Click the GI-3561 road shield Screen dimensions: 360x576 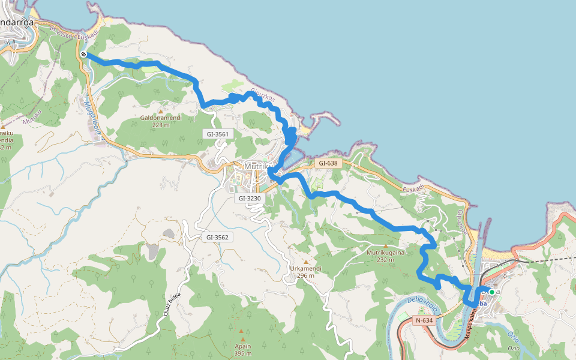pos(217,134)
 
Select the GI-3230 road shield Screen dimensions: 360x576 pos(248,198)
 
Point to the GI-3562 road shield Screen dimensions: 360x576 pos(217,237)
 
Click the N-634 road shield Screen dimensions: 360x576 pos(424,320)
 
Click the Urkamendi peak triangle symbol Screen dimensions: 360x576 pos(305,262)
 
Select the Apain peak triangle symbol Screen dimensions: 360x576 pos(241,331)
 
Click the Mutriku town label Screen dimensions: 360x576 pos(259,166)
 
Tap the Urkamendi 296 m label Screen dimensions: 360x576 pos(306,272)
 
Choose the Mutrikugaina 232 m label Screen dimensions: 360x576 pos(385,256)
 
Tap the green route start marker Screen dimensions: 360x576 pos(492,292)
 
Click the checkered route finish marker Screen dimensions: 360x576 pos(84,55)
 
